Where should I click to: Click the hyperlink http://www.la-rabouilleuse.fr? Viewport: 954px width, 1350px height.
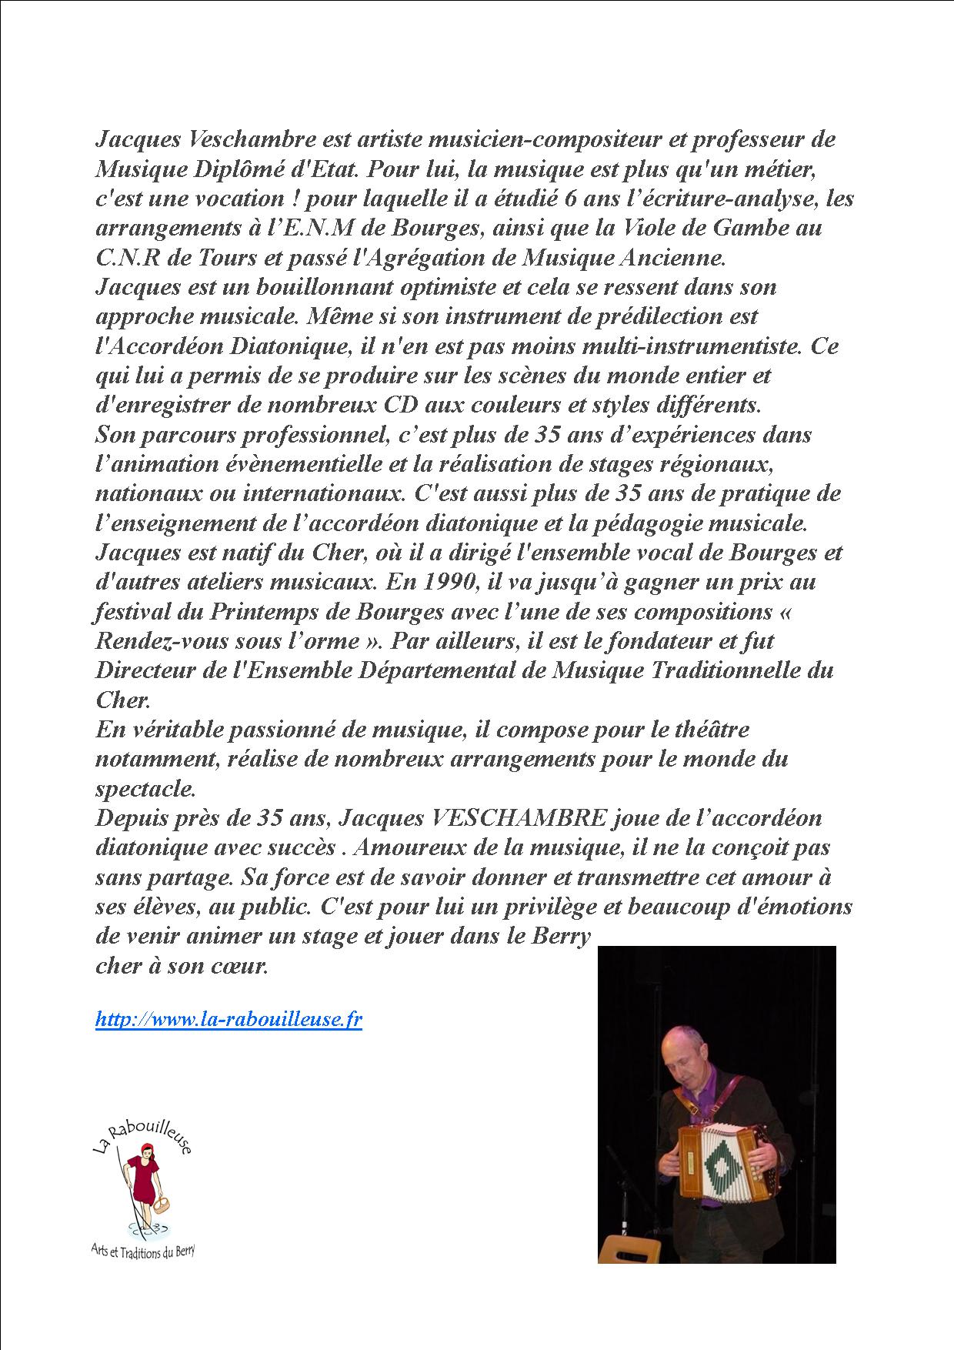228,1020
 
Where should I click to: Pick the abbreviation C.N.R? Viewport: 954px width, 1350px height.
122,258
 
